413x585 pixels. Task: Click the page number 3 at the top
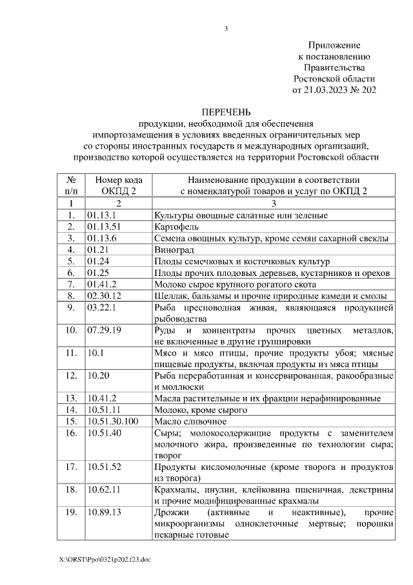click(227, 28)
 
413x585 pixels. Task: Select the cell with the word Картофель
click(176, 226)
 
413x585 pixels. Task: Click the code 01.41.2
click(101, 284)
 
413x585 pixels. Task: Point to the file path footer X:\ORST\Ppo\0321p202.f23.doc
click(103, 558)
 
